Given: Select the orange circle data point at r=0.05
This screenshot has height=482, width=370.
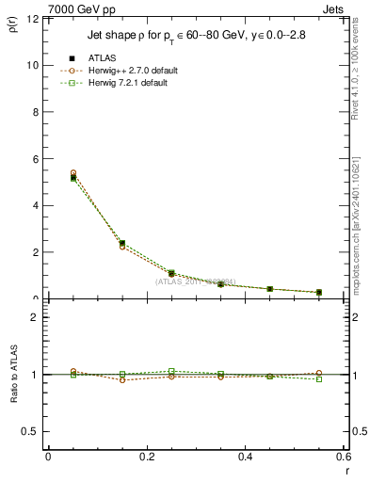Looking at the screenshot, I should (73, 173).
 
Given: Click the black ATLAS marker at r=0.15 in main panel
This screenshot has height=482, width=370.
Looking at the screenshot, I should (122, 244).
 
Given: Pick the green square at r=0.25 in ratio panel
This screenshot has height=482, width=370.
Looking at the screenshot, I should (171, 371).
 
